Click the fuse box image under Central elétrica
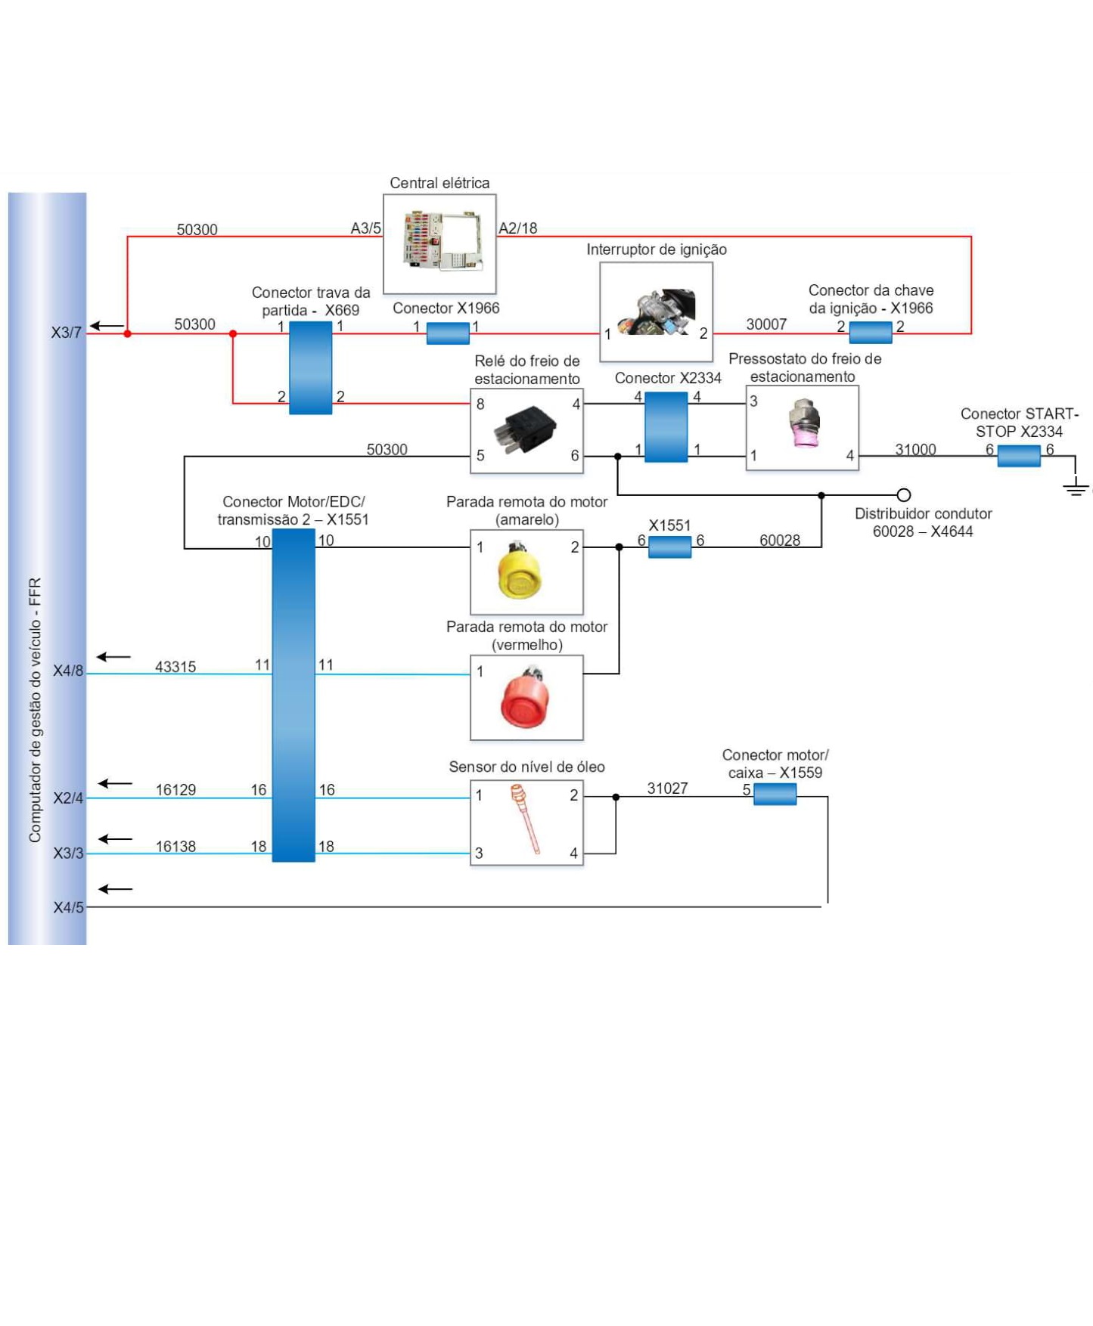click(x=441, y=242)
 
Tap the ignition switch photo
click(x=656, y=311)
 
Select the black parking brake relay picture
click(x=526, y=429)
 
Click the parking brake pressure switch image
click(x=803, y=425)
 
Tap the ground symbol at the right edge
click(x=1076, y=487)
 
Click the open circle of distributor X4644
click(x=903, y=495)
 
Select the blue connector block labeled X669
click(x=311, y=367)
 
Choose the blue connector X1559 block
click(x=775, y=794)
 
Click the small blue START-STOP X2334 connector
click(x=1019, y=455)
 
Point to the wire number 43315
click(x=175, y=667)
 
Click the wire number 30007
click(x=766, y=324)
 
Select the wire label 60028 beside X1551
click(x=780, y=540)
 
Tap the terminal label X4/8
click(x=68, y=671)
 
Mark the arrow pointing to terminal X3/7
click(x=107, y=326)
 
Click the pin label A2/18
click(x=518, y=228)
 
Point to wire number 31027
click(x=667, y=788)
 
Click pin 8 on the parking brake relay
click(x=480, y=404)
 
